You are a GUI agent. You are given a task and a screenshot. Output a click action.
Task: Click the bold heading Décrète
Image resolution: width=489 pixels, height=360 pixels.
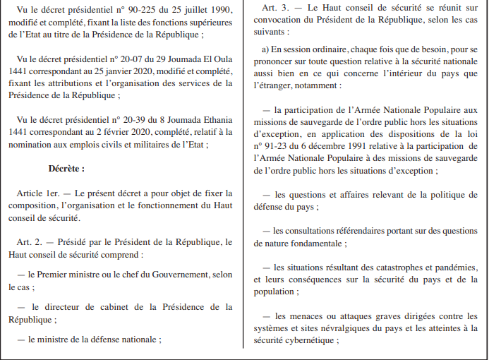click(x=66, y=169)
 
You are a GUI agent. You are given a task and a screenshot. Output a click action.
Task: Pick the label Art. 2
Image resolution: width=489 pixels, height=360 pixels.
click(x=30, y=242)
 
